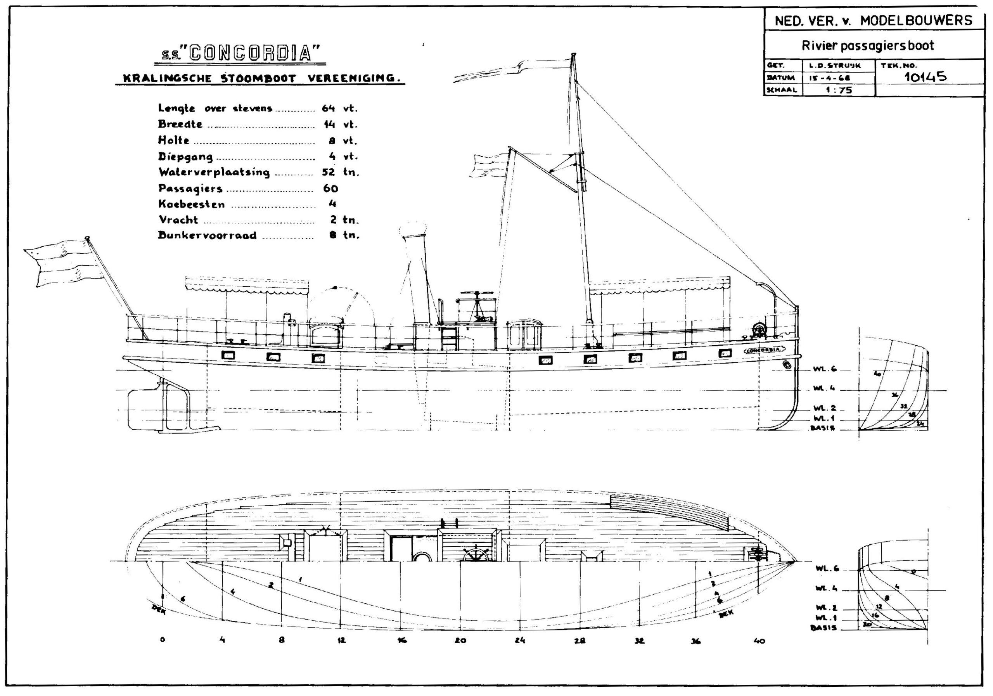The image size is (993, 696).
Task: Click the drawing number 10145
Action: (x=925, y=77)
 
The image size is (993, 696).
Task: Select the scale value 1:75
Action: (x=839, y=90)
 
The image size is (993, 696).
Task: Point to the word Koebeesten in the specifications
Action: (x=192, y=204)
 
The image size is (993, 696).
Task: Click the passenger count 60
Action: (x=330, y=188)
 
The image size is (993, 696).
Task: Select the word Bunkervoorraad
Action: (x=207, y=236)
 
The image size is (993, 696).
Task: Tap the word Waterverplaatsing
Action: (x=214, y=172)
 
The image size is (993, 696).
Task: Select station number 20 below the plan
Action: (x=460, y=641)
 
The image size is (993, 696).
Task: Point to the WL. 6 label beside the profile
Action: (x=824, y=369)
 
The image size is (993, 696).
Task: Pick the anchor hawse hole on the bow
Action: (x=787, y=365)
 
